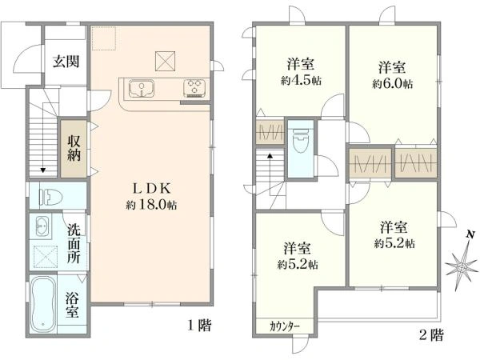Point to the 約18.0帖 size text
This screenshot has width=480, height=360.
coord(150,205)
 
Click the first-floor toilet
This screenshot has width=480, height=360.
coord(49,194)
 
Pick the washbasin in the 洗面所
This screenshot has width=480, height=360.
coord(42,226)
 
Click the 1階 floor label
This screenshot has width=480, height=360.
coord(198,326)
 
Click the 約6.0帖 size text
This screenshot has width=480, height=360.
coord(392,82)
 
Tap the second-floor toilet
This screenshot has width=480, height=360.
coord(301,142)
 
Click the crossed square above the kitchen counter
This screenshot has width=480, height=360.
coord(164,58)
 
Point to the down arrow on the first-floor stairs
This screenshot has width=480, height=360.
coord(42,170)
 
